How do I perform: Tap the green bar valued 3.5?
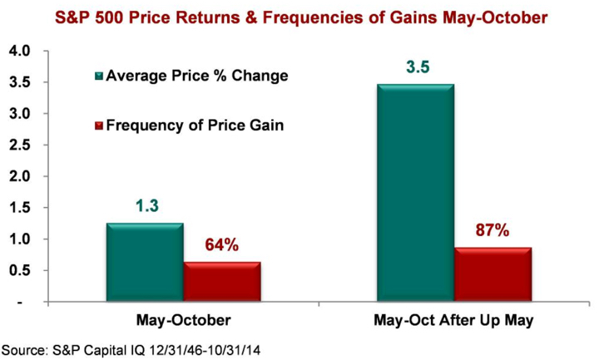pyautogui.click(x=415, y=194)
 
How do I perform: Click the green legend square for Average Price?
pyautogui.click(x=99, y=77)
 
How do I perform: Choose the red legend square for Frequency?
pyautogui.click(x=99, y=126)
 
